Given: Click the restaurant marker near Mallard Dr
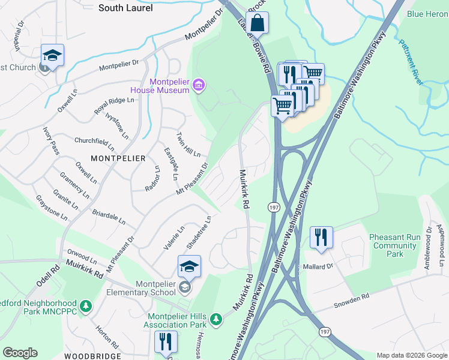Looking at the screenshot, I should point(322,237).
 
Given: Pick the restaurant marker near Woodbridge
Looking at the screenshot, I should point(165,342).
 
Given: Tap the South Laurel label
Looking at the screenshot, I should point(125,8).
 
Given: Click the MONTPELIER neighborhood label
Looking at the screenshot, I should point(118,158).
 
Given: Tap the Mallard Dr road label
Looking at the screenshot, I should point(318,266).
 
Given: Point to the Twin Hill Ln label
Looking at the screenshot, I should point(188,145).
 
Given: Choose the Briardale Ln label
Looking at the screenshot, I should point(109,217).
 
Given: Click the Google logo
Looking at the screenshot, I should point(20,353).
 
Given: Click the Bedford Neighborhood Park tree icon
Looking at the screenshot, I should point(86,307).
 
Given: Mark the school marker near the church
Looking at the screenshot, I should point(52,55).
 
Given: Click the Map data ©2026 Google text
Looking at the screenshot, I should point(411,355).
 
